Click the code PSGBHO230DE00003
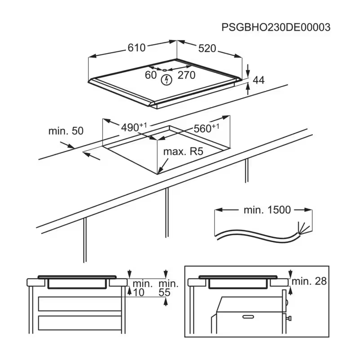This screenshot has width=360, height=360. coord(276,27)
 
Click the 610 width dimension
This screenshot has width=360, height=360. coord(137,48)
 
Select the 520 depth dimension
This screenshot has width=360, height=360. coord(207,49)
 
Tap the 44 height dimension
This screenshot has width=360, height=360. coord(258,80)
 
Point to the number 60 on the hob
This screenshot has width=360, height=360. coord(151,75)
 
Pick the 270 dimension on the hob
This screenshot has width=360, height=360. coord(186,75)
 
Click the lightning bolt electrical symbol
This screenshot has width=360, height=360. coord(166,80)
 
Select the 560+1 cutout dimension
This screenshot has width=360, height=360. coord(207,128)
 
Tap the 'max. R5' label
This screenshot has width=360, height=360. coord(183,152)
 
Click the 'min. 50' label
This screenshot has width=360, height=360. coord(66,131)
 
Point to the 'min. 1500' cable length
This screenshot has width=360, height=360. coord(267,210)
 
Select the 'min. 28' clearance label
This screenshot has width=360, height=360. coord(309,281)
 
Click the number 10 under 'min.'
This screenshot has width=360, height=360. coord(139,292)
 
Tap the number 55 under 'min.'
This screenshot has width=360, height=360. coord(164,292)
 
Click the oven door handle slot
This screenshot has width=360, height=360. coord(248,317)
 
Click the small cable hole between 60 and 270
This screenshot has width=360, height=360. coord(165,70)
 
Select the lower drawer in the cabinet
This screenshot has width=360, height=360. coord(80,323)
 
